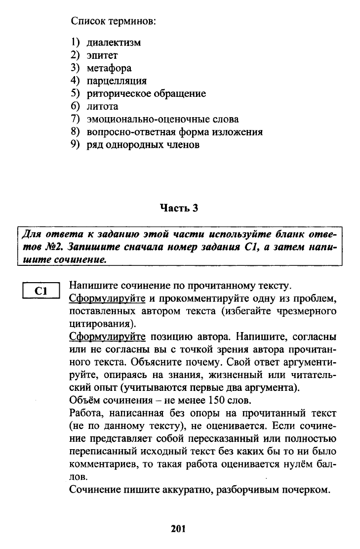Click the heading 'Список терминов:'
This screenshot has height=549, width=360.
pos(114,21)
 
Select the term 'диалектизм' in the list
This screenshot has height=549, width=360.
pos(114,42)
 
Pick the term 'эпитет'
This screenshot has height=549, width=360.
pos(102,55)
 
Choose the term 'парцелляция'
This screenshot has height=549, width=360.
pos(117,81)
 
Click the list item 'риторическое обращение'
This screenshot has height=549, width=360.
pos(146,93)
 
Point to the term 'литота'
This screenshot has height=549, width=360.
pos(103,106)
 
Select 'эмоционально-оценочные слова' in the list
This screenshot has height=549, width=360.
pos(162,119)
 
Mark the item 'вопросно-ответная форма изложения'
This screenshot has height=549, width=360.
pos(174,132)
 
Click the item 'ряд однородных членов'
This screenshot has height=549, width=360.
pos(143,145)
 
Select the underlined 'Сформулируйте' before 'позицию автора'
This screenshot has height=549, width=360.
pos(107,337)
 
